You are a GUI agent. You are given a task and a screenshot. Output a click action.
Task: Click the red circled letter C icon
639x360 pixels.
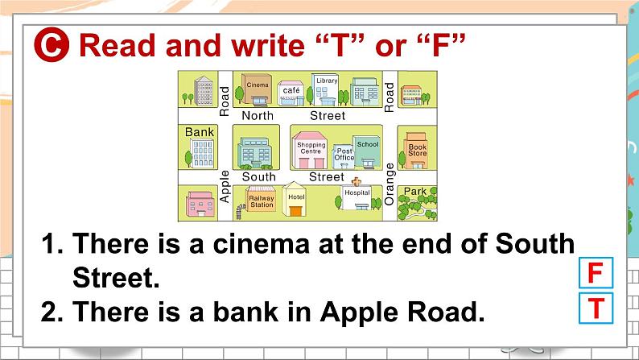pyautogui.click(x=52, y=44)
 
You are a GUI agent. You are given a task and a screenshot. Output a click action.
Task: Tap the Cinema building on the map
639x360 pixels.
pyautogui.click(x=257, y=89)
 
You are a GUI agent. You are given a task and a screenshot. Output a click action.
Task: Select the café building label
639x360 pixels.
pyautogui.click(x=291, y=90)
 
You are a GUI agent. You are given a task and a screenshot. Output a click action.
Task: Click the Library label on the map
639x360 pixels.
pyautogui.click(x=327, y=81)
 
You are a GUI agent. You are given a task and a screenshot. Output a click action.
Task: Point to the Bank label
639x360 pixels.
pyautogui.click(x=200, y=132)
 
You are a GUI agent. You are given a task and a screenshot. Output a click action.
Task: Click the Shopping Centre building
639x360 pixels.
pyautogui.click(x=310, y=151)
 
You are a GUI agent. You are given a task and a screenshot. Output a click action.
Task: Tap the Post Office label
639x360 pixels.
pyautogui.click(x=344, y=154)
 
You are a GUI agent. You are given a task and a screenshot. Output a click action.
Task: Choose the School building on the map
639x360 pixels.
pyautogui.click(x=367, y=151)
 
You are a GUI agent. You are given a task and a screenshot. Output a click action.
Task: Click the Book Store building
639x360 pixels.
pyautogui.click(x=416, y=151)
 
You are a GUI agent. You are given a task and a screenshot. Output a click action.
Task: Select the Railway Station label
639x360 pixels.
pyautogui.click(x=262, y=201)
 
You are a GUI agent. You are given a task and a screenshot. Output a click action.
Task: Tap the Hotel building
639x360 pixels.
pyautogui.click(x=295, y=199)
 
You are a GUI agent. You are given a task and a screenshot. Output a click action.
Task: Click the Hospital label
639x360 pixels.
pyautogui.click(x=357, y=192)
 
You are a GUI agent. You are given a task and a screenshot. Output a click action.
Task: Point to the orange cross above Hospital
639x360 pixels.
pyautogui.click(x=357, y=181)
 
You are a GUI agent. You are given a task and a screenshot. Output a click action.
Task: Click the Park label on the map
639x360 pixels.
pyautogui.click(x=414, y=191)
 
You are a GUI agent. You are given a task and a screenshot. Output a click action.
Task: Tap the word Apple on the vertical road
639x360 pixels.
pyautogui.click(x=225, y=187)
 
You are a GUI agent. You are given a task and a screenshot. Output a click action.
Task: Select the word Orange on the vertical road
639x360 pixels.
pyautogui.click(x=390, y=184)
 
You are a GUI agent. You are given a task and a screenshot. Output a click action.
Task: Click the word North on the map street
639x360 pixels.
pyautogui.click(x=258, y=116)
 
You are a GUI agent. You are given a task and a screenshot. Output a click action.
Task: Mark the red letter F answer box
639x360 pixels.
pyautogui.click(x=596, y=273)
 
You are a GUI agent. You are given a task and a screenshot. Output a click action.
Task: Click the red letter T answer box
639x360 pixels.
pyautogui.click(x=596, y=308)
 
